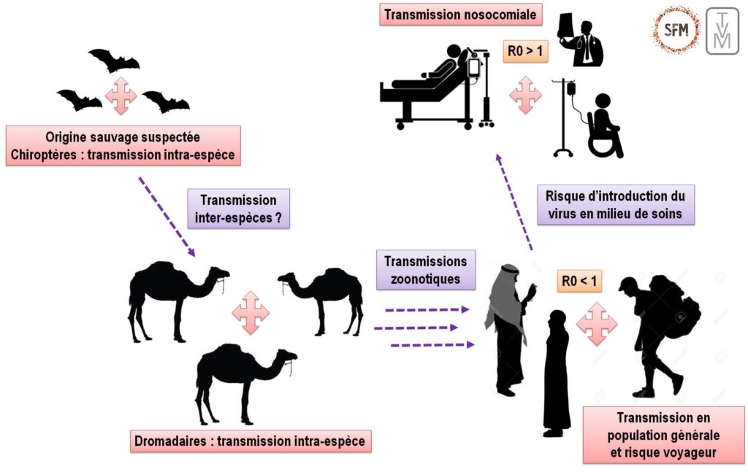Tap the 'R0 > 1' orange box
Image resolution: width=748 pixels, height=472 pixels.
coord(524,51)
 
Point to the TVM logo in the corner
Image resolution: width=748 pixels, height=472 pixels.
coord(722,31)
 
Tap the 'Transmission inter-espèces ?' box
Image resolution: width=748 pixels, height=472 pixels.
coord(239,209)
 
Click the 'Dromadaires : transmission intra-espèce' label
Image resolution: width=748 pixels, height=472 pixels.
coord(249,442)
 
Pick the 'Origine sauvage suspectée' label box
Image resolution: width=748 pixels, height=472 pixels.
coord(123,146)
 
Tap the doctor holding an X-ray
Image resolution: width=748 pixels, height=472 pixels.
coord(581,42)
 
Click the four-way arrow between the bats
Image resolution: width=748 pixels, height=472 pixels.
coord(121,96)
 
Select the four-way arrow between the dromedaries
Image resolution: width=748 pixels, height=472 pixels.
coord(251,312)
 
